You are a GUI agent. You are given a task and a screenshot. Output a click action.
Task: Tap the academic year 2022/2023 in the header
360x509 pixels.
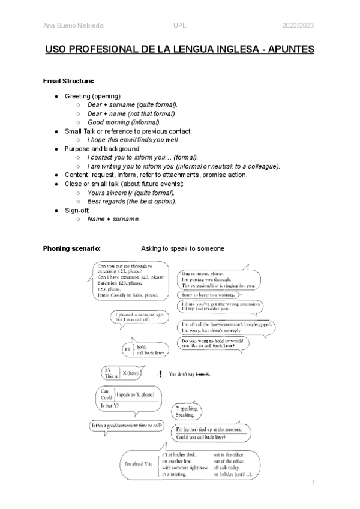click(298, 25)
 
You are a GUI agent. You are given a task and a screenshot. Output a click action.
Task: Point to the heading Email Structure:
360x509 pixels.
click(68, 81)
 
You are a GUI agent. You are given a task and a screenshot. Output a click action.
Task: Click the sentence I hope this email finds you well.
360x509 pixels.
click(133, 140)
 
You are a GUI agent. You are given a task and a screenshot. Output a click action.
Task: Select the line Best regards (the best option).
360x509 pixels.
click(132, 202)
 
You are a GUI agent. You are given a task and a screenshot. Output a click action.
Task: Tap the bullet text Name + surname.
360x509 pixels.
click(114, 219)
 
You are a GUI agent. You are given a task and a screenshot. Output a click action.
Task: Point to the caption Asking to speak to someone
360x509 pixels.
click(182, 248)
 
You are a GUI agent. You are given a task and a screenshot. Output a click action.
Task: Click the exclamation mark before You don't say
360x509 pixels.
click(161, 374)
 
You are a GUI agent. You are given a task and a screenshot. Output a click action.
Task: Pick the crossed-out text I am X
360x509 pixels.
click(203, 375)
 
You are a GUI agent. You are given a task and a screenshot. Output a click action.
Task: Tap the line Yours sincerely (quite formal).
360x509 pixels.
click(131, 193)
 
